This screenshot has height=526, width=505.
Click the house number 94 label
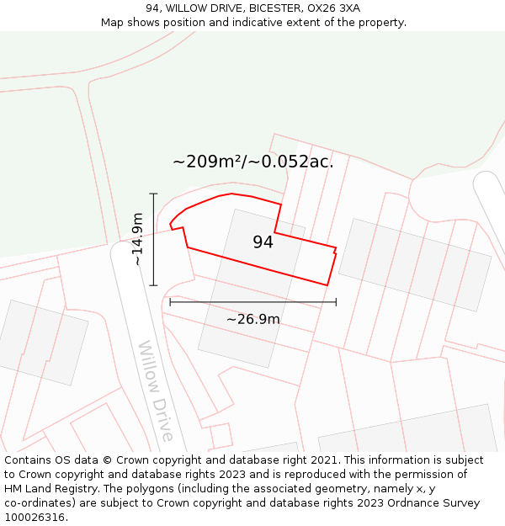[263, 242]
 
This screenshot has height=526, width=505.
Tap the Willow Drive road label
[156, 391]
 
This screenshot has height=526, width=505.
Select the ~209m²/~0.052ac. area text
[252, 162]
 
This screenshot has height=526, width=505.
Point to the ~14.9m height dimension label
[138, 239]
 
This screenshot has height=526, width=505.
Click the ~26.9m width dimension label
[252, 319]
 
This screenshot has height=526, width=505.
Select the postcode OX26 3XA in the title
[333, 8]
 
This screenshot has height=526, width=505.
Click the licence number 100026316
[36, 518]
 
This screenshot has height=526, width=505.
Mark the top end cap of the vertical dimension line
[153, 194]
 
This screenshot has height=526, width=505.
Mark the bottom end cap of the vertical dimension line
[153, 285]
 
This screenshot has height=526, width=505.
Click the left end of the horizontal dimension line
[170, 301]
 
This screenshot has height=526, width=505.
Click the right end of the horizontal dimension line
[336, 301]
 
